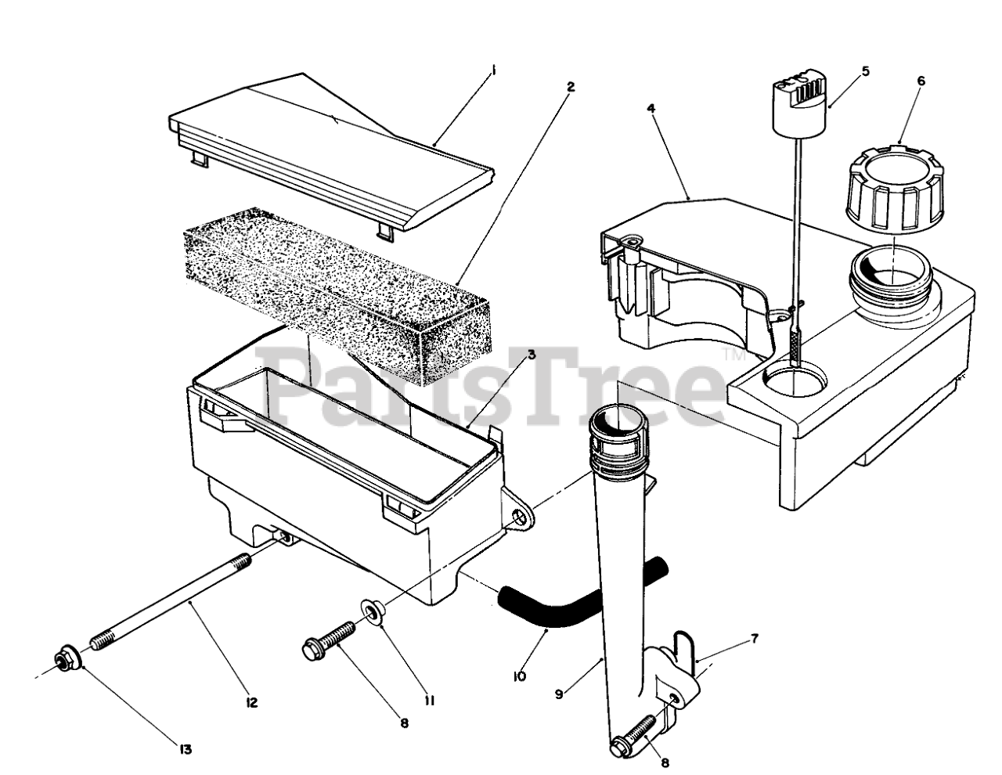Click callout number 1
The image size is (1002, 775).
[x=494, y=70]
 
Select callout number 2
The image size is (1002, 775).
[x=571, y=86]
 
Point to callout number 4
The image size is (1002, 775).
[x=651, y=108]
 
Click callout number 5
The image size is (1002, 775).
[x=865, y=70]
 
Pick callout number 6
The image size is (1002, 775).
[x=921, y=81]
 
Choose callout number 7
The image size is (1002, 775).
[x=754, y=639]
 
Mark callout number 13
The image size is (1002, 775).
[x=185, y=749]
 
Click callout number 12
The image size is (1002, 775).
[x=251, y=702]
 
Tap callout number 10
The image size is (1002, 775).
[x=521, y=675]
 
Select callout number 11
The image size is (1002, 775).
[x=430, y=701]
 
